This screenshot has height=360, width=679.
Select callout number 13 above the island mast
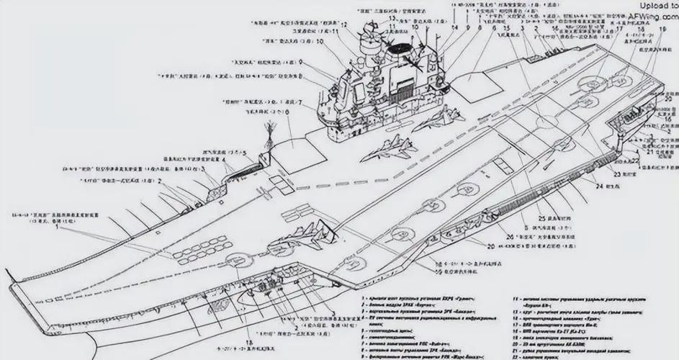click(371, 17)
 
